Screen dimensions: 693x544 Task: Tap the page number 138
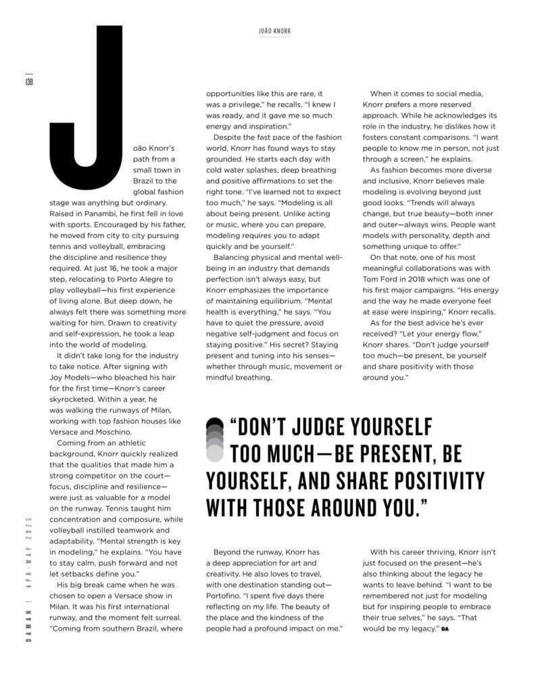(x=29, y=81)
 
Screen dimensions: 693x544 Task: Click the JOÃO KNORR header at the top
(x=274, y=31)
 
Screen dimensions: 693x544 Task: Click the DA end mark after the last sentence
(x=444, y=631)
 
